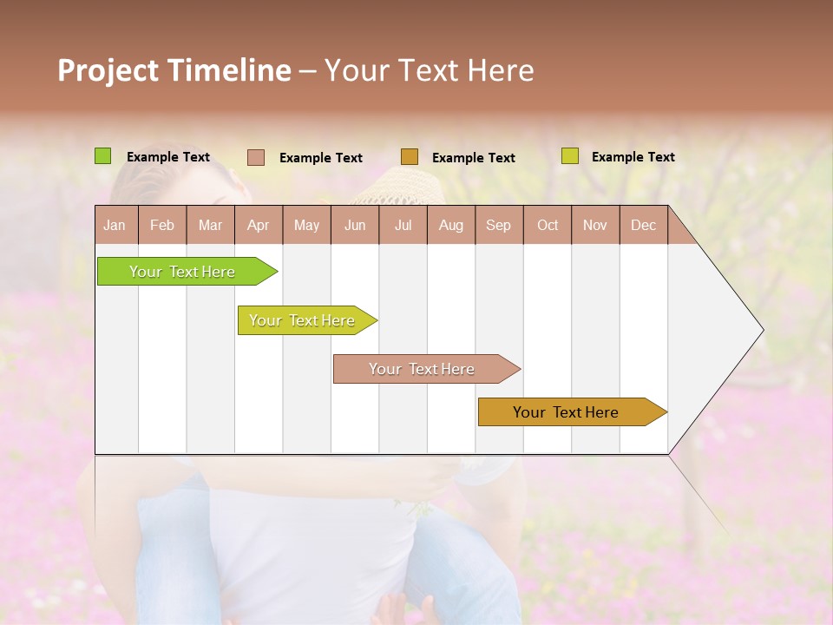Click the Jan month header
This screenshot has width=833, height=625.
point(115,226)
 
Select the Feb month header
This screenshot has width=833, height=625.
point(162,226)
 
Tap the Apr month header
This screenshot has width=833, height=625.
point(259,226)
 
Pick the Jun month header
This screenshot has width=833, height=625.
point(355,226)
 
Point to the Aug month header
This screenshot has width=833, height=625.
point(451,226)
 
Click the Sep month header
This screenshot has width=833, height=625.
point(499,226)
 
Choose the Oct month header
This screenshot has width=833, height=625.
point(548,226)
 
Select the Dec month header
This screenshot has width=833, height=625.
point(644,226)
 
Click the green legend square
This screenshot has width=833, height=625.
point(103,156)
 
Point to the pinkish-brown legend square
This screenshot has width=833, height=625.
point(256,157)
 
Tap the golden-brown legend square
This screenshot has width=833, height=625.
point(410,157)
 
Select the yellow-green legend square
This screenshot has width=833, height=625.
point(570,156)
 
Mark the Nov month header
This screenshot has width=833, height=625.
point(595,226)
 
